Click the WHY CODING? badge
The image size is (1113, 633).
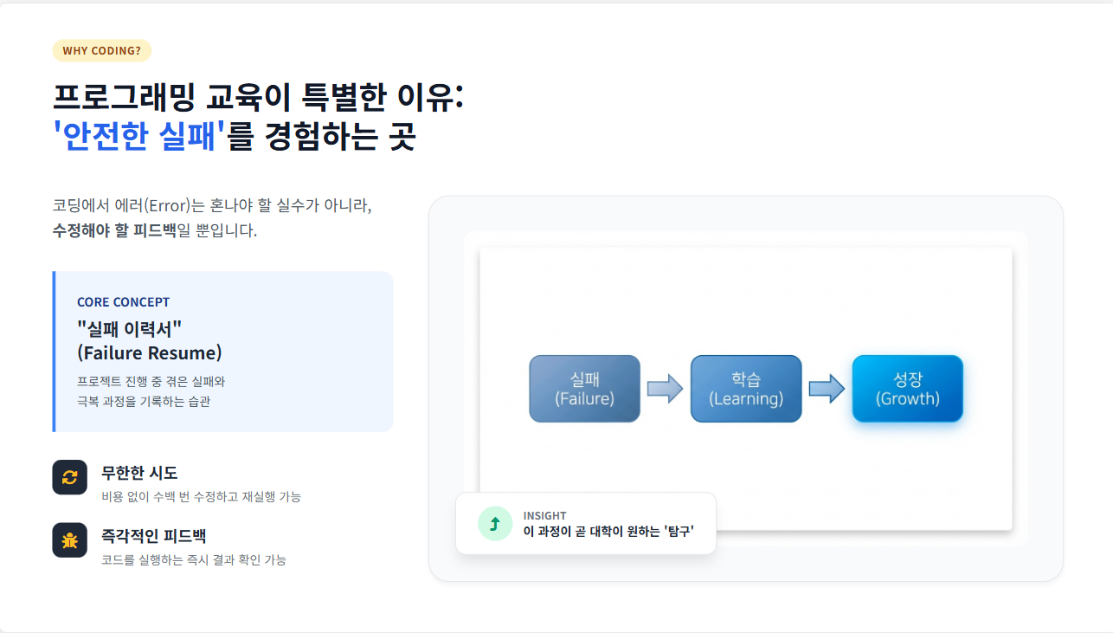coord(101,50)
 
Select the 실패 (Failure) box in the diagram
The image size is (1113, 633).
coord(584,389)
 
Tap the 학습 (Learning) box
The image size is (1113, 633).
coord(746,389)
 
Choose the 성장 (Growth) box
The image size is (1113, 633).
coord(907,389)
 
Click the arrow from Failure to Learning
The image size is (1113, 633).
coord(665,389)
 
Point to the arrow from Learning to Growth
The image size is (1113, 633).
coord(827,389)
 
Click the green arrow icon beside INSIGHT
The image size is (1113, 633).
coord(495,523)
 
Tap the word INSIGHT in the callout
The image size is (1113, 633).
coord(544,516)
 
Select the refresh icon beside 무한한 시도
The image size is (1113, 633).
coord(70,477)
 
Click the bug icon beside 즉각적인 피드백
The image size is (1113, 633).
coord(70,540)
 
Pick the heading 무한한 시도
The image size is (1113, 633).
coord(139,473)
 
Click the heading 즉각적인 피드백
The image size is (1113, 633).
coord(154,536)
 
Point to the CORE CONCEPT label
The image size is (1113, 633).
coord(123,302)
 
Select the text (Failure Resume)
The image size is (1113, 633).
coord(149,353)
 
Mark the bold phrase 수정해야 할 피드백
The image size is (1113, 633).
coord(114,231)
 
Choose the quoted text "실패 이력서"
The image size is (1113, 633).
coord(129,328)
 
